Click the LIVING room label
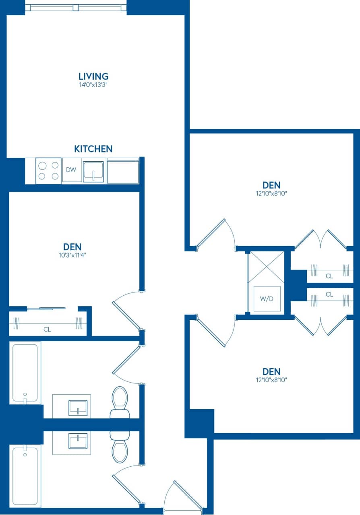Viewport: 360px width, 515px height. [x=93, y=76]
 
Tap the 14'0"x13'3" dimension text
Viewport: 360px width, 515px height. [x=93, y=85]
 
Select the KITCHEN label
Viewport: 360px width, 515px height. [x=93, y=149]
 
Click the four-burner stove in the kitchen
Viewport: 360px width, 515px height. [x=48, y=171]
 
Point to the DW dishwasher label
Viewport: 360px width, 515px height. [x=71, y=170]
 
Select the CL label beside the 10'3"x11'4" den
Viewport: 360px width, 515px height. [x=47, y=330]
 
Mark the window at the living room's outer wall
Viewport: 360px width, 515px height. [x=76, y=7]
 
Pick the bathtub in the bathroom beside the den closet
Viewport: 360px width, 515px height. [x=25, y=372]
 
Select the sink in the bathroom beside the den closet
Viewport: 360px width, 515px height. [x=78, y=407]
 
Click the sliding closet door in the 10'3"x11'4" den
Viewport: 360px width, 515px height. [x=46, y=309]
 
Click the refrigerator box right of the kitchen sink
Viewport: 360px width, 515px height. [x=122, y=171]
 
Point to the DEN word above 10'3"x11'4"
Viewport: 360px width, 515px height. [x=72, y=246]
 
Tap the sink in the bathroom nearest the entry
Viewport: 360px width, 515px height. [x=78, y=441]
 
